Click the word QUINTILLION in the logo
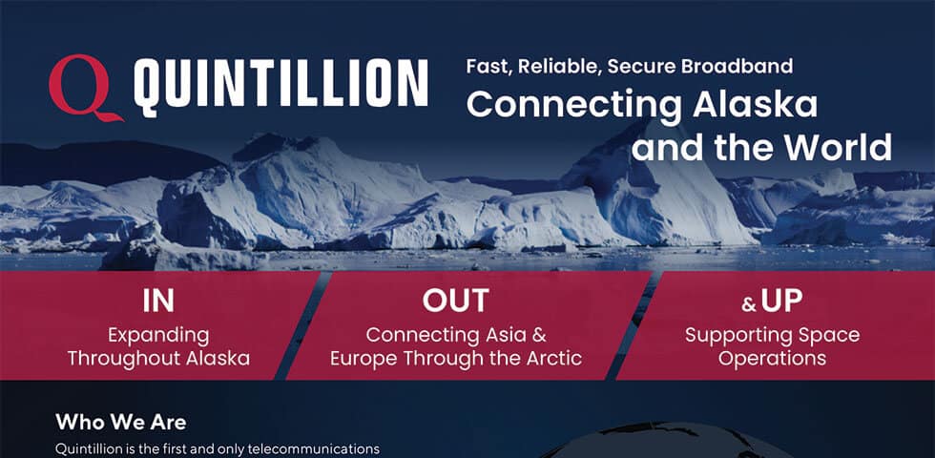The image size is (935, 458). pyautogui.click(x=280, y=84)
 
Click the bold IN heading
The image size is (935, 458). pyautogui.click(x=158, y=301)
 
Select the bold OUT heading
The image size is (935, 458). pyautogui.click(x=455, y=301)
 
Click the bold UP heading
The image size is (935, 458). pyautogui.click(x=781, y=302)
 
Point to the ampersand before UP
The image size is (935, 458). pyautogui.click(x=749, y=305)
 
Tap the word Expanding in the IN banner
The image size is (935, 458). pyautogui.click(x=158, y=335)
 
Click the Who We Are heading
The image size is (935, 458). pyautogui.click(x=120, y=421)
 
